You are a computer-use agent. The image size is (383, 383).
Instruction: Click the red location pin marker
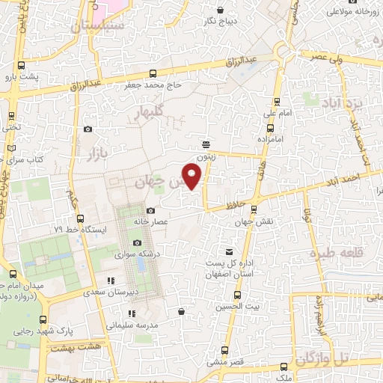[193, 177]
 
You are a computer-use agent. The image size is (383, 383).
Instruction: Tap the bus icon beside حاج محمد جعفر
[153, 73]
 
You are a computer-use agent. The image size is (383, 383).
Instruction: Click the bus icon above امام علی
[278, 101]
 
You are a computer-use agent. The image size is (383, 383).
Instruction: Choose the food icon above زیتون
[206, 145]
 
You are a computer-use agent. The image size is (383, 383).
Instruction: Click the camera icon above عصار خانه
[151, 211]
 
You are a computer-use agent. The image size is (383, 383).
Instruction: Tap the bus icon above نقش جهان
[255, 210]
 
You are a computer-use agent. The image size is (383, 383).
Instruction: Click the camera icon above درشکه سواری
[137, 242]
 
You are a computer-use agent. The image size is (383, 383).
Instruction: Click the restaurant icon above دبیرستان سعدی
[111, 281]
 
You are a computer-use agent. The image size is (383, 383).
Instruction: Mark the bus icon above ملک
[284, 367]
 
